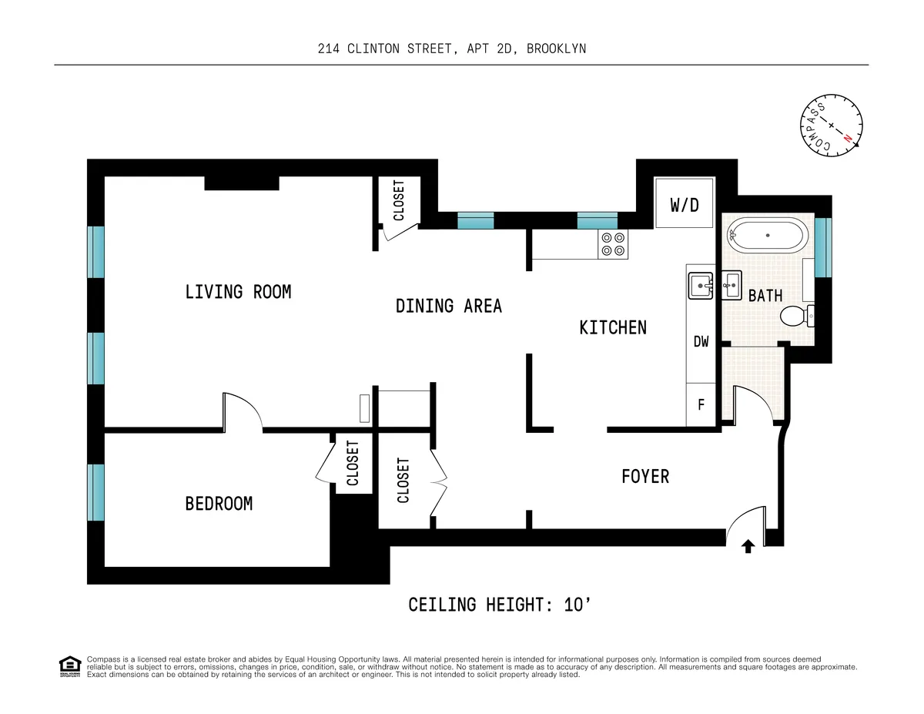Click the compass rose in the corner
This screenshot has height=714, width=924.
[831, 125]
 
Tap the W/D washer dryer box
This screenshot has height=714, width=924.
[685, 204]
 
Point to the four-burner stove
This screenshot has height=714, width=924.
[614, 244]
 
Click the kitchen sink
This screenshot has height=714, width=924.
[701, 285]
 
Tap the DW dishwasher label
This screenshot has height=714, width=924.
[701, 342]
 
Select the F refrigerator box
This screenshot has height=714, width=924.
[701, 404]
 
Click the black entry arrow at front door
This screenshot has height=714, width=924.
[747, 547]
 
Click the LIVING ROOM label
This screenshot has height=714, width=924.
[238, 292]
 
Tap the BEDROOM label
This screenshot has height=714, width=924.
[219, 504]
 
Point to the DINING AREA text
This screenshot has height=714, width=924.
[448, 306]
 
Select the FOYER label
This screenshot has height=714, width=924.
[645, 477]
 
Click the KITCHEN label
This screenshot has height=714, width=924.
[613, 327]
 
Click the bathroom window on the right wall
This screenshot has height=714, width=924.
[823, 247]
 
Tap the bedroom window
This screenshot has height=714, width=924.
[95, 492]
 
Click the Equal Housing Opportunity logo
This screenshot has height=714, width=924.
[69, 666]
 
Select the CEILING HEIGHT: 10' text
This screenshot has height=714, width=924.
[499, 605]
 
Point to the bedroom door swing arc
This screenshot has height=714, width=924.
[245, 408]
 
